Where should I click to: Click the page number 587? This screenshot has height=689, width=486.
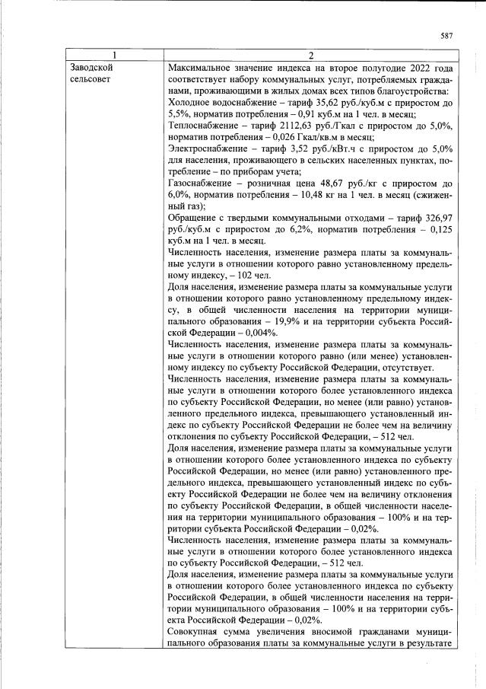(x=446, y=36)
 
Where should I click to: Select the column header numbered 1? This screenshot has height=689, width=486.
(x=115, y=55)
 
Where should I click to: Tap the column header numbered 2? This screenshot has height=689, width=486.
(x=310, y=55)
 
